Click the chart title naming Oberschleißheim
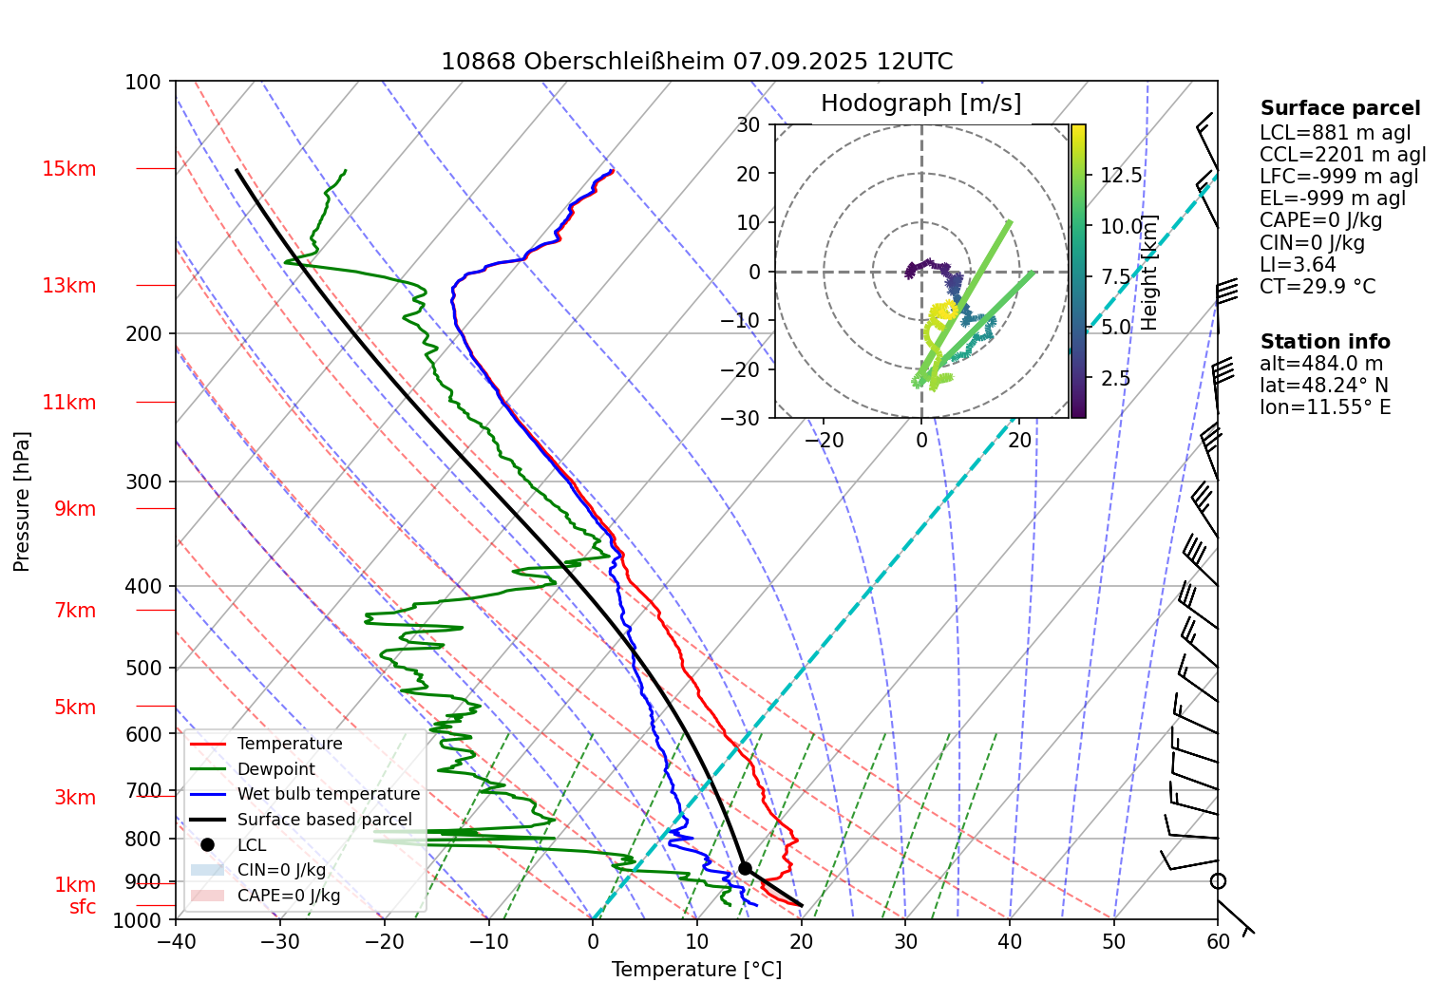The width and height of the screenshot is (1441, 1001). pyautogui.click(x=696, y=62)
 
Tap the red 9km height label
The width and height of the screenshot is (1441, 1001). pyautogui.click(x=75, y=509)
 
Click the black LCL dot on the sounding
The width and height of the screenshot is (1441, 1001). pyautogui.click(x=745, y=868)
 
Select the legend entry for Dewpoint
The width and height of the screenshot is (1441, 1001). pyautogui.click(x=275, y=769)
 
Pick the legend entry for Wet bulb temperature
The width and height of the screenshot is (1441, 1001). pyautogui.click(x=328, y=794)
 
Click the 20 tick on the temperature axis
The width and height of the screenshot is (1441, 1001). pyautogui.click(x=801, y=941)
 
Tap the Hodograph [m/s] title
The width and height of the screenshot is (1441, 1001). pyautogui.click(x=920, y=104)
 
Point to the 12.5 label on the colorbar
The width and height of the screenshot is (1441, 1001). pyautogui.click(x=1121, y=176)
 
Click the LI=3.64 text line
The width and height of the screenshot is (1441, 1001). pyautogui.click(x=1298, y=265)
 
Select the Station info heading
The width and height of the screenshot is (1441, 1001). pyautogui.click(x=1324, y=342)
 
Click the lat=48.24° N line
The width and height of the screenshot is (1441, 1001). pyautogui.click(x=1323, y=386)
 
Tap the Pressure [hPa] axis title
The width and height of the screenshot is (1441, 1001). pyautogui.click(x=22, y=501)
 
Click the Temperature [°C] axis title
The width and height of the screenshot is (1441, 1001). pyautogui.click(x=696, y=970)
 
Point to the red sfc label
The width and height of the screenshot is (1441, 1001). pyautogui.click(x=83, y=907)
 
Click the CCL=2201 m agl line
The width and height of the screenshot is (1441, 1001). pyautogui.click(x=1342, y=155)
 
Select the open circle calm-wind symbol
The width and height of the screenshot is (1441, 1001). pyautogui.click(x=1218, y=881)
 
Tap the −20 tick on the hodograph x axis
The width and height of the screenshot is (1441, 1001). pyautogui.click(x=823, y=440)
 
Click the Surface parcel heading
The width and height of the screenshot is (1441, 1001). pyautogui.click(x=1339, y=108)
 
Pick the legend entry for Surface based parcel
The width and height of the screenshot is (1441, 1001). pyautogui.click(x=324, y=820)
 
